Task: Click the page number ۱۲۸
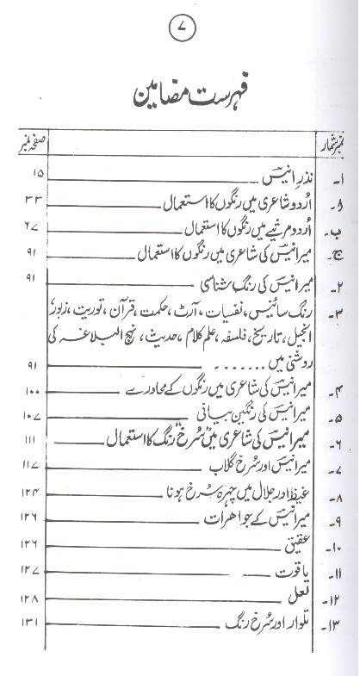25,597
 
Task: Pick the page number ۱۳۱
25,623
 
